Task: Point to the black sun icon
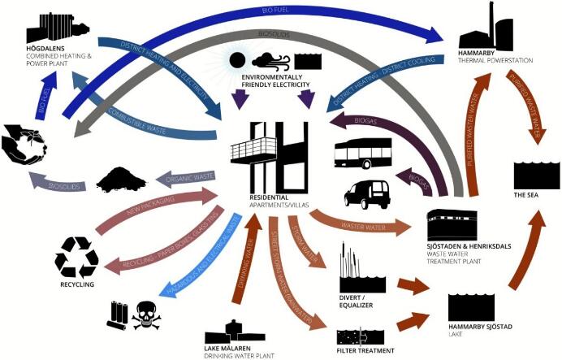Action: coord(238,60)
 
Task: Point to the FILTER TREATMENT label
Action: coord(365,350)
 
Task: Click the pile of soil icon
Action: coord(121,178)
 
